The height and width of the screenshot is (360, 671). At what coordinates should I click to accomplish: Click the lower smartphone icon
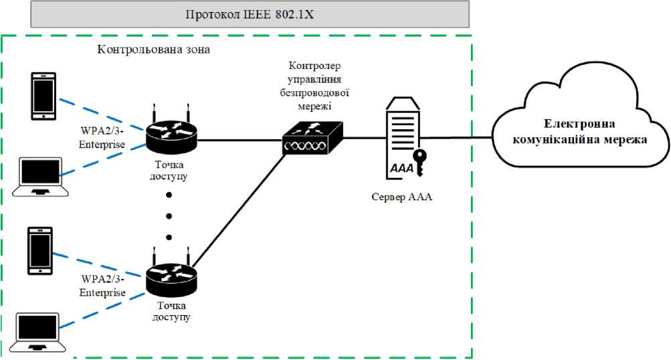[40, 250]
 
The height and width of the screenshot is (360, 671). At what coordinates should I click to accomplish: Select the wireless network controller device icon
[312, 140]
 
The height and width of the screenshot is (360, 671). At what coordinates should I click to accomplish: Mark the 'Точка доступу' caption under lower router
[172, 312]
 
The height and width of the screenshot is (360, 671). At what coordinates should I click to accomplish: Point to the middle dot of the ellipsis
[169, 216]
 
